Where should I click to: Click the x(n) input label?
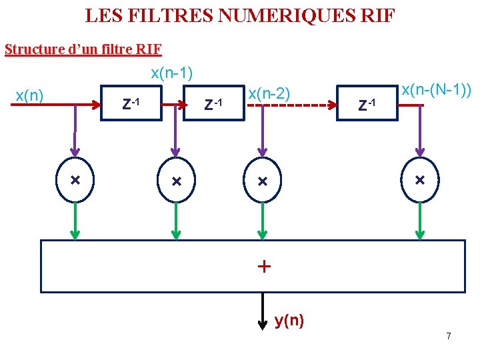point(29,96)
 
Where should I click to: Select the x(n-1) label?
point(171,73)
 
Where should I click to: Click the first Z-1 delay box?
point(131,103)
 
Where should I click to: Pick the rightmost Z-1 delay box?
point(367,103)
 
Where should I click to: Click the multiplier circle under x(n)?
point(75,181)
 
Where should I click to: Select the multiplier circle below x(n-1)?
point(176,181)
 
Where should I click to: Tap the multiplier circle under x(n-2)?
point(262,181)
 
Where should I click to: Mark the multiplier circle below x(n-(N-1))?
point(420,180)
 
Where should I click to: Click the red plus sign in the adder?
point(264,267)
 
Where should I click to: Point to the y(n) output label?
point(289,321)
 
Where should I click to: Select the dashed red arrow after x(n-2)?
point(287,105)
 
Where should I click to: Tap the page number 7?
point(448,336)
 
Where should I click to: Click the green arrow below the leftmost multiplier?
point(75,221)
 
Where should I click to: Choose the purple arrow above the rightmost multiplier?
point(420,133)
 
